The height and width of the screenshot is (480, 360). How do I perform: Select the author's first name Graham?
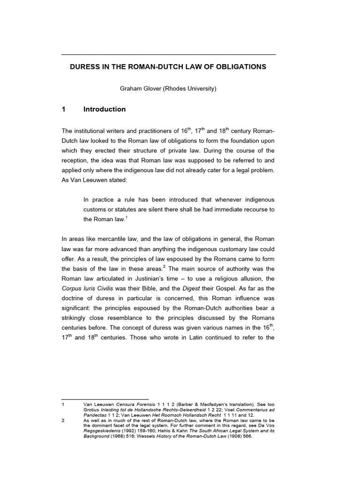coord(134,88)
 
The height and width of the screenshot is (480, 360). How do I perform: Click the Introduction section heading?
coord(105,109)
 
